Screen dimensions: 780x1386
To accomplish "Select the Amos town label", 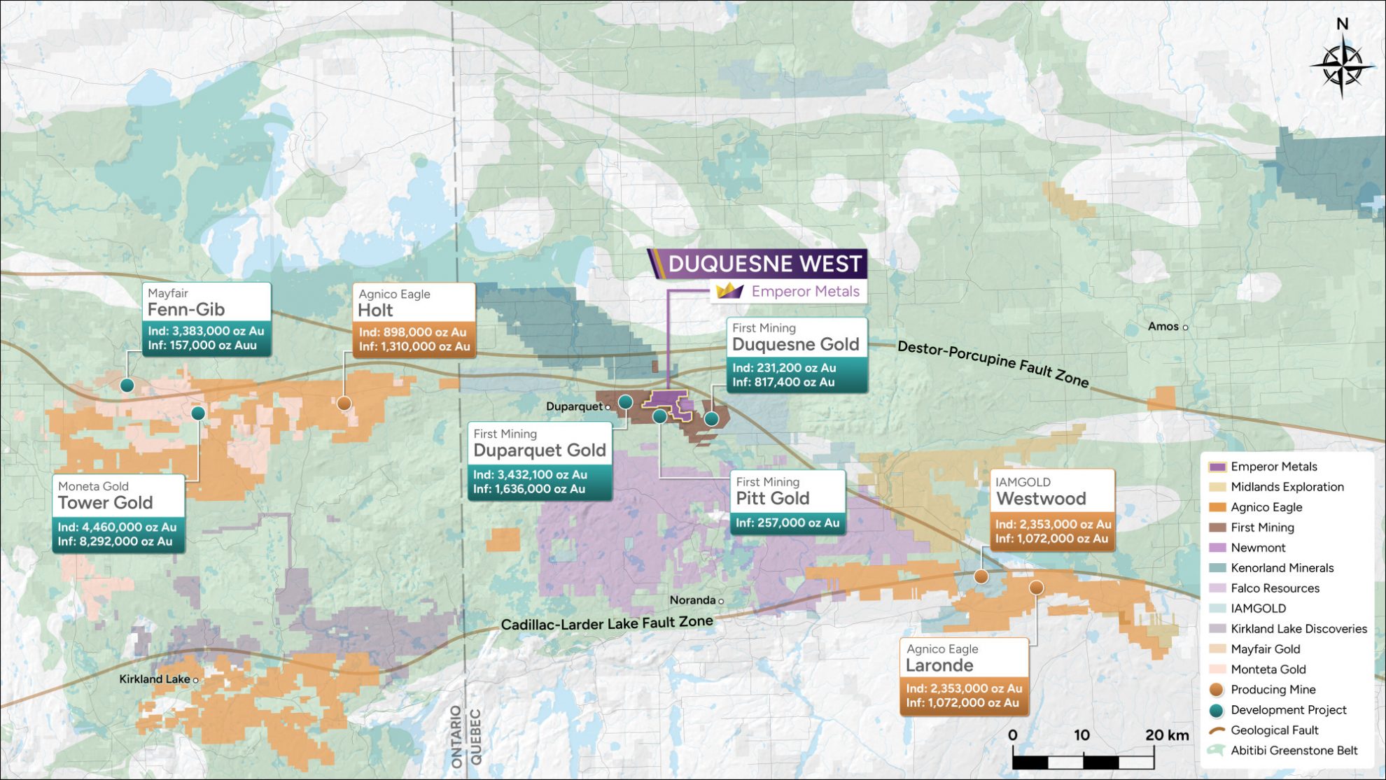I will point(1163,326).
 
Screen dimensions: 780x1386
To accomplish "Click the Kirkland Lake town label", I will point(154,679).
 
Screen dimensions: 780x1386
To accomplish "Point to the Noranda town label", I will point(692,600).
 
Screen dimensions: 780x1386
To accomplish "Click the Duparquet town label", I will point(574,406).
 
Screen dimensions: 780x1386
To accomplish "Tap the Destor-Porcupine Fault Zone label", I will point(993,363).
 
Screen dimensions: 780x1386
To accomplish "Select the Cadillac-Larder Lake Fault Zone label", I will point(607,623).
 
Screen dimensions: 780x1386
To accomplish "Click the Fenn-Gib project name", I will point(186,309).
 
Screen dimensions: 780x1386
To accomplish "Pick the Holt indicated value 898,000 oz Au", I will point(413,332).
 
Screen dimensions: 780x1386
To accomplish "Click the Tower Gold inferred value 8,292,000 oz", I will point(115,541).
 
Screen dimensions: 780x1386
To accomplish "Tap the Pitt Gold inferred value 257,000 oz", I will point(787,523).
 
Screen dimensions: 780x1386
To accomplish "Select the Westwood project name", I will point(1041,498).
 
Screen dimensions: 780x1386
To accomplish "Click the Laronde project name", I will point(939,665).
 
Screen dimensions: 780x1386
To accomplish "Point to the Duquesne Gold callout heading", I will point(795,343).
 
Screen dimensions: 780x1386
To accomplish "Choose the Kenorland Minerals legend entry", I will point(1282,567).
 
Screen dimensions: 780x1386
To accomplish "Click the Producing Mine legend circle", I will point(1217,689).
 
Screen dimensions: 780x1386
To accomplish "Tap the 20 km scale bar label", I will point(1167,735).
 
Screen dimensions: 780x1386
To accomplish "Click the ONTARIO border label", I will point(456,736).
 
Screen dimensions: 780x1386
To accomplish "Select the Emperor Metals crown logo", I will point(729,291).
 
